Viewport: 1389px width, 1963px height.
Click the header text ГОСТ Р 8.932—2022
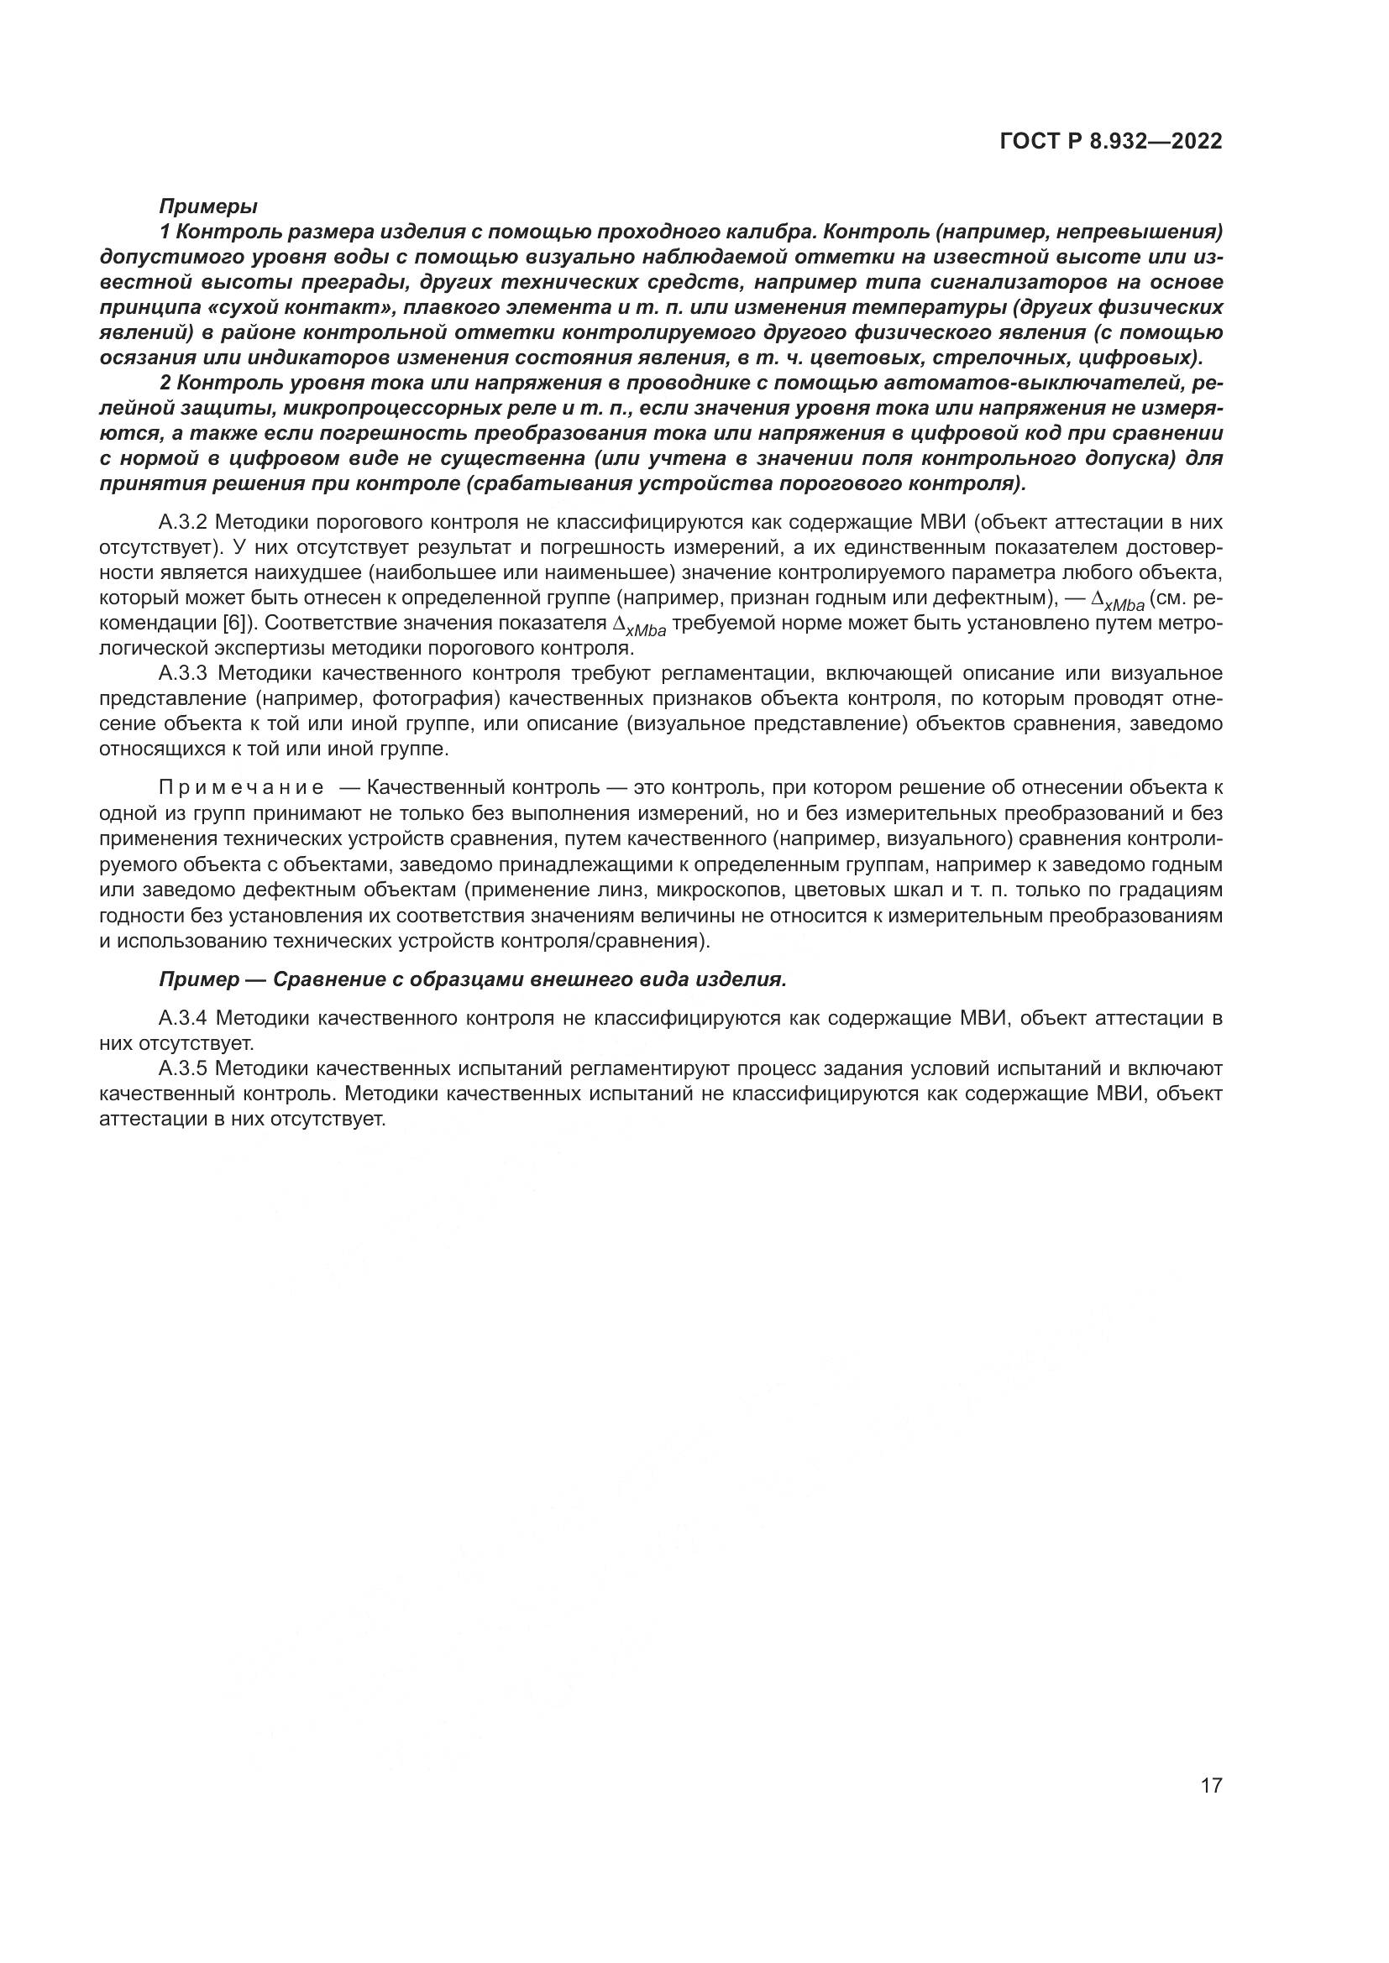point(1110,142)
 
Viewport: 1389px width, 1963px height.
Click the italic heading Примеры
point(207,206)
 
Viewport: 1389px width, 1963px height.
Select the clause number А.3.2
point(183,521)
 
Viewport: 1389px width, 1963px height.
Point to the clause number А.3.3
point(183,673)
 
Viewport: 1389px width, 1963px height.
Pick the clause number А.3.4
point(183,1017)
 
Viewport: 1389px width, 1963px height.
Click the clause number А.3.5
point(183,1068)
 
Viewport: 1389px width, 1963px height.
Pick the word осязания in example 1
point(147,358)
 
